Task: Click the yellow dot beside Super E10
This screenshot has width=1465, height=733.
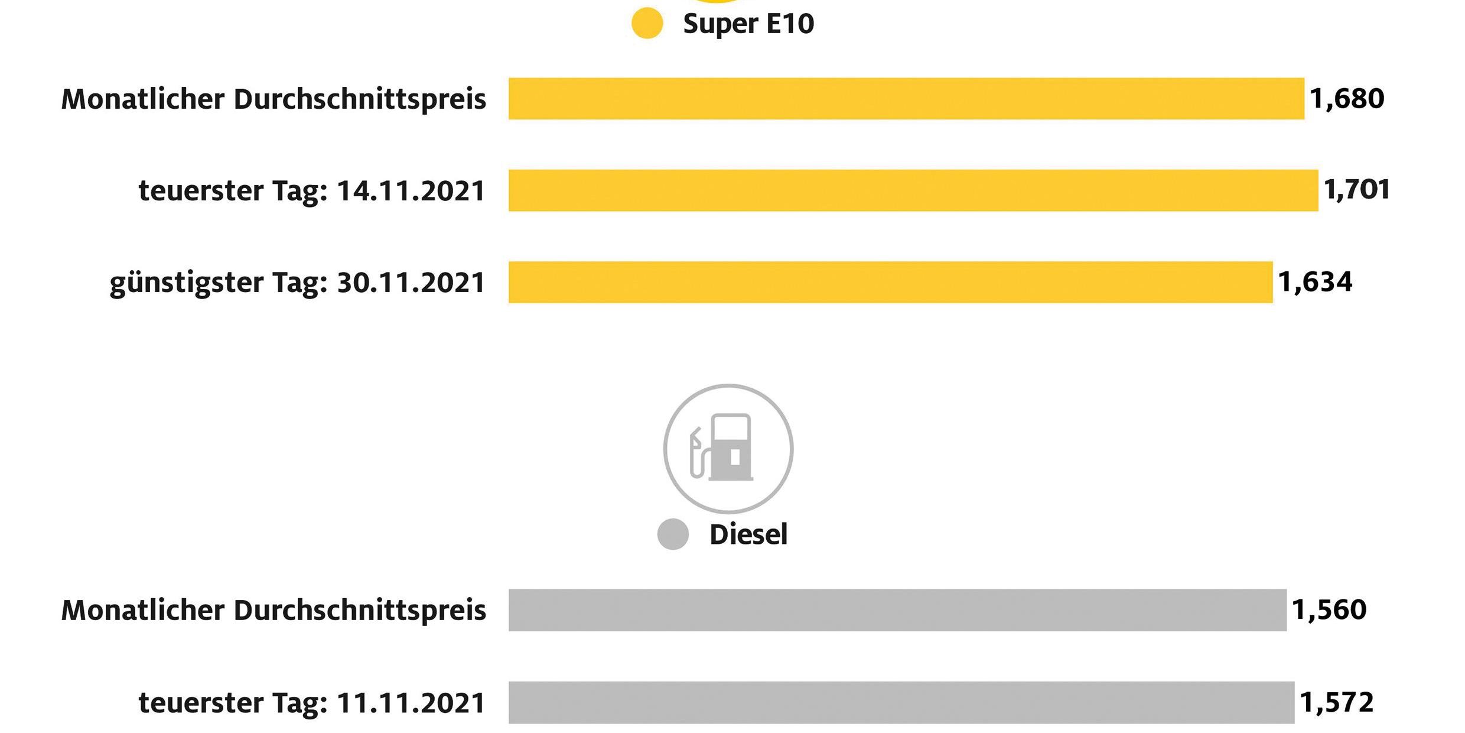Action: click(x=647, y=24)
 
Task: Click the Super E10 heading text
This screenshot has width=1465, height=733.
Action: click(x=748, y=24)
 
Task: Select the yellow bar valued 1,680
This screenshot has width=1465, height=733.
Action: click(x=906, y=99)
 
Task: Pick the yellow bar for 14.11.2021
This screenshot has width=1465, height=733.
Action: click(x=913, y=190)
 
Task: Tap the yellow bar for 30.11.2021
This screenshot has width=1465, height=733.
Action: click(x=890, y=282)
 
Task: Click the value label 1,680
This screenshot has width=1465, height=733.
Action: click(x=1347, y=99)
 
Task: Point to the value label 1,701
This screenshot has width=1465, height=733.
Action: click(x=1356, y=190)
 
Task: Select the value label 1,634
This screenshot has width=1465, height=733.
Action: click(x=1315, y=282)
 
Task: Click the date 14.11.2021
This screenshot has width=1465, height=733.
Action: click(x=411, y=191)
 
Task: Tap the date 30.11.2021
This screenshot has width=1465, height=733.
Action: click(x=411, y=283)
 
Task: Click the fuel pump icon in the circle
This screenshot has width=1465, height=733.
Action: click(x=728, y=448)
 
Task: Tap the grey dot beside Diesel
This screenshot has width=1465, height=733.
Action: click(x=673, y=534)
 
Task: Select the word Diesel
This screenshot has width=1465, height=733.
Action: click(x=748, y=534)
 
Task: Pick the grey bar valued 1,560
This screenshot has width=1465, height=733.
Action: click(x=897, y=610)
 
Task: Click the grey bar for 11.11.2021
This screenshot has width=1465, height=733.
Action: click(x=901, y=702)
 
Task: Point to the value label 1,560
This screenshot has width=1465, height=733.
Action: click(x=1329, y=610)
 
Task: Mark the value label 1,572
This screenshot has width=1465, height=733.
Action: click(x=1337, y=702)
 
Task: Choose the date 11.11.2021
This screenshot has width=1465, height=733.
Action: click(x=411, y=703)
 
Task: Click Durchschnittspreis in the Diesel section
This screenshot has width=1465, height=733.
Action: click(x=360, y=611)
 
